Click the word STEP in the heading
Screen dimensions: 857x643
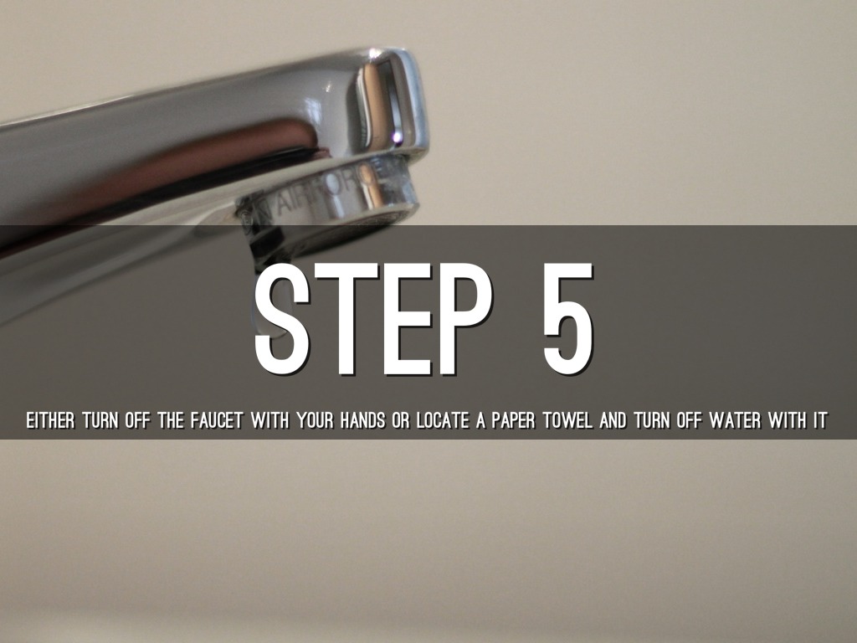(x=372, y=319)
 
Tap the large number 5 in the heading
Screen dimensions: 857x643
(x=568, y=319)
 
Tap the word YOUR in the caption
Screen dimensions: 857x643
(x=315, y=422)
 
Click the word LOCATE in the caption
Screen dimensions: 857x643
(x=443, y=422)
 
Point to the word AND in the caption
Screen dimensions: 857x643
(x=613, y=422)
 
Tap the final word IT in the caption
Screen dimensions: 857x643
(x=820, y=422)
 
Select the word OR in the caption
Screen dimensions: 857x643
(x=401, y=422)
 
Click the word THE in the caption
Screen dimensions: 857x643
(x=171, y=422)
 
